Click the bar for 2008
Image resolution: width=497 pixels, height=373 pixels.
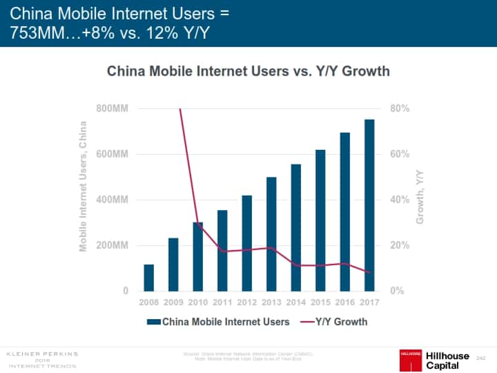click(x=148, y=278)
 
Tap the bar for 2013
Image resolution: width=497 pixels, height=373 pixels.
click(x=271, y=234)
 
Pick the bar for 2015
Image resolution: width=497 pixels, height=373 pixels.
click(x=320, y=220)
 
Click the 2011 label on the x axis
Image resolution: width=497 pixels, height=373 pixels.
click(x=222, y=303)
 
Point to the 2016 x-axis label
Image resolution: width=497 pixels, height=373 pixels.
click(x=345, y=303)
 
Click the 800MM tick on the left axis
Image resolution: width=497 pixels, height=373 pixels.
click(x=112, y=109)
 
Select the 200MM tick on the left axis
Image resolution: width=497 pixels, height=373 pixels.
click(x=112, y=246)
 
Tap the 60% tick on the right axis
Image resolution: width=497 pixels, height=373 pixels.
click(x=401, y=155)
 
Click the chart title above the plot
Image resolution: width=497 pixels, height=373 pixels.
click(x=248, y=71)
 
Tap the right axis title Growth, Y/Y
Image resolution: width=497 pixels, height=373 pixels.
click(x=419, y=199)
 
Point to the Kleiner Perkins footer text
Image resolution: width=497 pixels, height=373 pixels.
click(x=42, y=358)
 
